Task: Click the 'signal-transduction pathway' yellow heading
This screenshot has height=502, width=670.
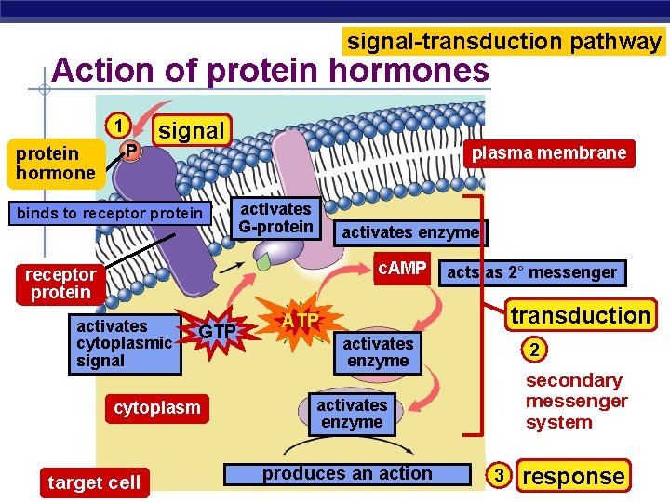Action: point(504,42)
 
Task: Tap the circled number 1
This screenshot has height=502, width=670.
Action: point(116,125)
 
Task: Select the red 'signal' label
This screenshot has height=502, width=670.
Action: point(192,131)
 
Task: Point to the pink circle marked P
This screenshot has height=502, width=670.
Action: point(131,151)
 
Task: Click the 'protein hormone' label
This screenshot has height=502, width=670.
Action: point(55,163)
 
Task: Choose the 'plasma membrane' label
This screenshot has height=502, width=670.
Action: point(549,152)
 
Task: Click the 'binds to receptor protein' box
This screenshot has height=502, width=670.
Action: point(109,214)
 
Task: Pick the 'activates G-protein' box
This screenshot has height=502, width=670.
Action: point(276,218)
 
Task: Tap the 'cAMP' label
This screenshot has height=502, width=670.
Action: point(401,270)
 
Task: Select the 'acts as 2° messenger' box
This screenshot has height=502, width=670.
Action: point(531,272)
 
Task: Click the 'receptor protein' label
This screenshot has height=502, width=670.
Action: point(60,284)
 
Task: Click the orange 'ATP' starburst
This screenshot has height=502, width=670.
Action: point(301,322)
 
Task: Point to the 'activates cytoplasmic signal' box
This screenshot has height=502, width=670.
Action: point(125,344)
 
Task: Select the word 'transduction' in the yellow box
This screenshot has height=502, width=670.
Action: point(580,315)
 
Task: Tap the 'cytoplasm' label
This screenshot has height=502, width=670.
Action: point(156,408)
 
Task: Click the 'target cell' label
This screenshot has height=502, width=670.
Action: point(94,482)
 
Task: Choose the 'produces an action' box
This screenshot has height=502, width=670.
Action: point(347,474)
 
